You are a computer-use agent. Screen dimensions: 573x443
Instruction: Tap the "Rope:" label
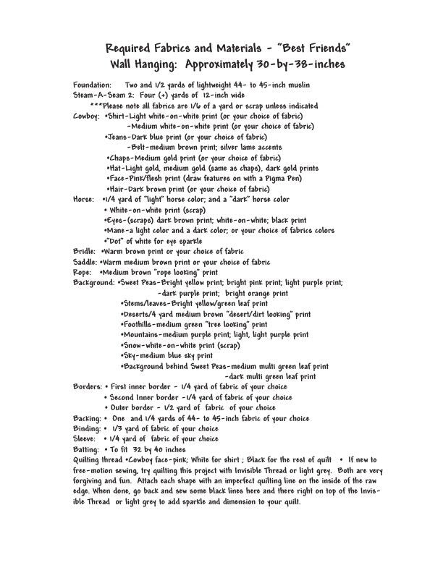point(83,272)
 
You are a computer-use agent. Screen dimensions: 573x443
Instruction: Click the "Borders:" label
point(88,387)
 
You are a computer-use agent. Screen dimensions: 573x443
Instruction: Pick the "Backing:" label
point(87,418)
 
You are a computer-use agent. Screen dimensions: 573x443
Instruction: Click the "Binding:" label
point(88,429)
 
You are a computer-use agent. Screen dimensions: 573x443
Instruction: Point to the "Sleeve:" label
point(86,439)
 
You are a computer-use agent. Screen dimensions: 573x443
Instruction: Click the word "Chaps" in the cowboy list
point(122,158)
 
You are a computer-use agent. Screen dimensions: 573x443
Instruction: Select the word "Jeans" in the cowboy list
point(121,137)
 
